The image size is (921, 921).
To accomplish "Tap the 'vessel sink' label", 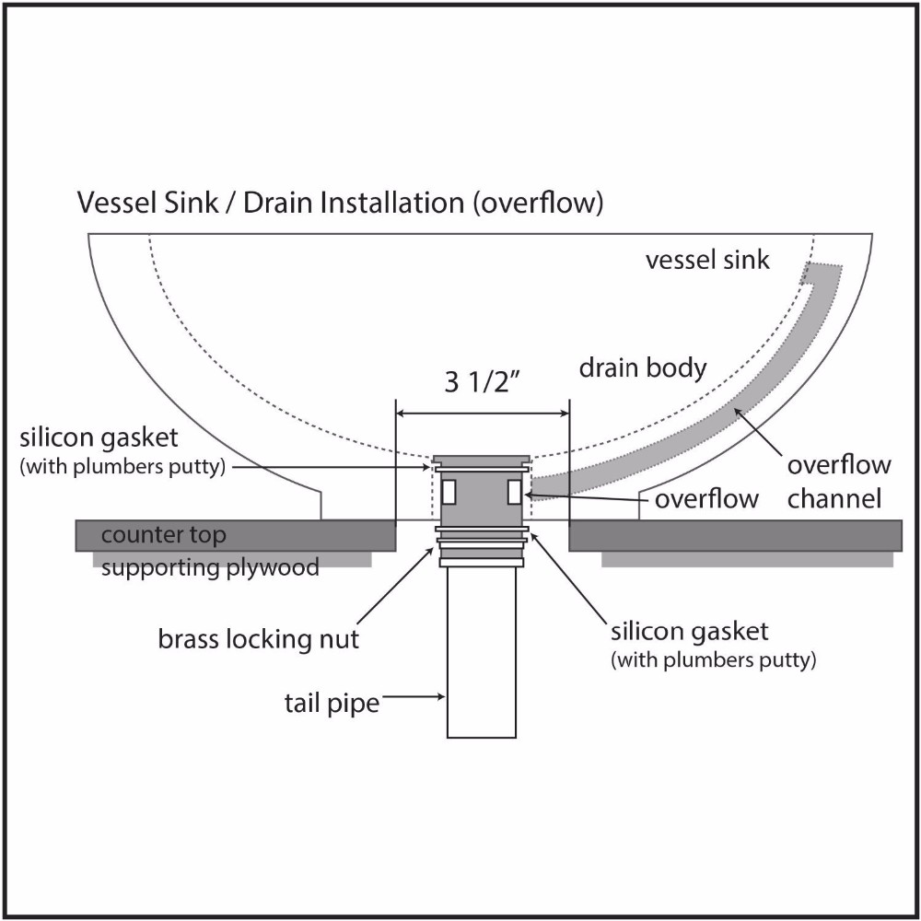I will point(706,260).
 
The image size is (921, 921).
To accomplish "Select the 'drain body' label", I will point(642,369).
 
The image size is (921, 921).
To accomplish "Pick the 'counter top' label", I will point(164,535).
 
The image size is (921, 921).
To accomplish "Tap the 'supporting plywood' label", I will point(210,566).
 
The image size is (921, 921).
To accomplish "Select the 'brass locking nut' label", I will point(259,638).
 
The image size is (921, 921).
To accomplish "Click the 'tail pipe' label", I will point(332,704).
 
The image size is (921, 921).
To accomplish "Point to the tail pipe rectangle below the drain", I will point(481,654).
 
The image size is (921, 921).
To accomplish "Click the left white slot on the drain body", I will point(449,492).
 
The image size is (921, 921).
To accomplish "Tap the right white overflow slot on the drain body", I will point(514,492).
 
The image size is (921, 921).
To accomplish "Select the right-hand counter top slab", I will point(735,535).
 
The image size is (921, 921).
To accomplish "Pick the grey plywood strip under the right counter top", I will point(746,559).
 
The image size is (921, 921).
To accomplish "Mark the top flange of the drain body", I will point(481,458).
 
